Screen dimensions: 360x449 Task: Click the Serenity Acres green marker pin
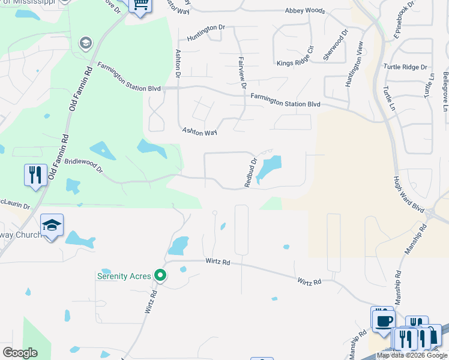[x=160, y=275]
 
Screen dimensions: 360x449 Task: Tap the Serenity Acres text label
[x=125, y=277]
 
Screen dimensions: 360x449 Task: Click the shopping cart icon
[x=140, y=5]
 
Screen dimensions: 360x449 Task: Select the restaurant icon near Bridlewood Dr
[x=35, y=175]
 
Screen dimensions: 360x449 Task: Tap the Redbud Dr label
[x=251, y=173]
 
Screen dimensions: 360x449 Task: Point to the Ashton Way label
[x=199, y=130]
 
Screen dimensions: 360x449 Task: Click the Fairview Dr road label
[x=243, y=73]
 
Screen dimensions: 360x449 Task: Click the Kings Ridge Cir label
[x=295, y=63]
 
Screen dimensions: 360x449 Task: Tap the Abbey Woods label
[x=306, y=11]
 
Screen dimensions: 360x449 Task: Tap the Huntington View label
[x=355, y=65]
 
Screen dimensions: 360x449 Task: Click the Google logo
[x=20, y=353]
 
